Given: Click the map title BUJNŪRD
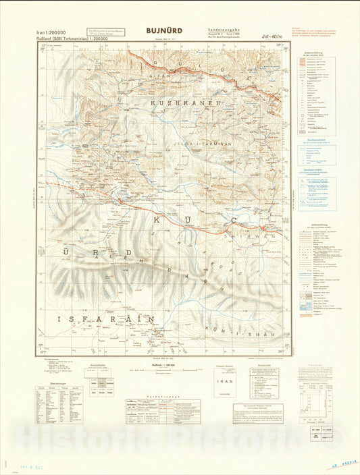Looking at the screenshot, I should tap(163, 30).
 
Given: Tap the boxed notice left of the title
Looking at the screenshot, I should tap(109, 32).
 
